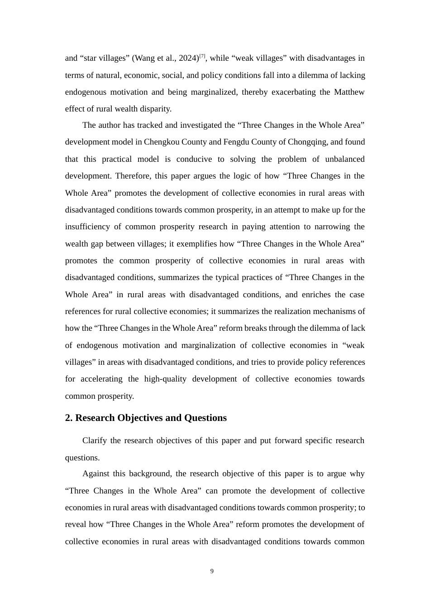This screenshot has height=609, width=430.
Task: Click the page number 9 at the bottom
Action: [x=212, y=571]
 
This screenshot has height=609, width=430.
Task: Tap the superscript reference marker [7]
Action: [x=202, y=56]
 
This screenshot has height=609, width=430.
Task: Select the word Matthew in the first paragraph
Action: [x=349, y=92]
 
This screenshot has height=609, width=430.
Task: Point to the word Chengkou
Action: [x=161, y=142]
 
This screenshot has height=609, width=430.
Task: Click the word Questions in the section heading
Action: [x=205, y=418]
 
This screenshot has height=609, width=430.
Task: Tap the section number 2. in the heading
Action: [x=69, y=418]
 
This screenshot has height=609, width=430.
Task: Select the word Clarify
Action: [x=95, y=440]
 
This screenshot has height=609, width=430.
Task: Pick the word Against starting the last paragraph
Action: [x=96, y=474]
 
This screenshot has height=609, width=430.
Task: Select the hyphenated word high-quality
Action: [x=165, y=379]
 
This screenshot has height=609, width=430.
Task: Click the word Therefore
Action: [x=133, y=176]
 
